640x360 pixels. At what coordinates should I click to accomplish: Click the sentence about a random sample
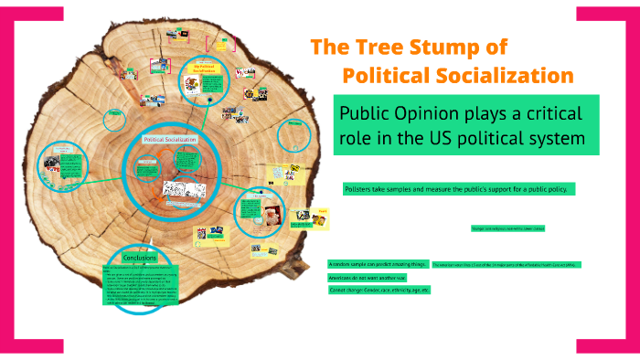point(378,263)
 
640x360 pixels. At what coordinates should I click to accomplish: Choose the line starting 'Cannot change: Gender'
point(379,290)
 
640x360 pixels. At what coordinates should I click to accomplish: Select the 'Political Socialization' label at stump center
point(165,139)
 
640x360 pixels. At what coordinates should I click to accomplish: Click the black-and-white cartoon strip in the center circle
point(179,188)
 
